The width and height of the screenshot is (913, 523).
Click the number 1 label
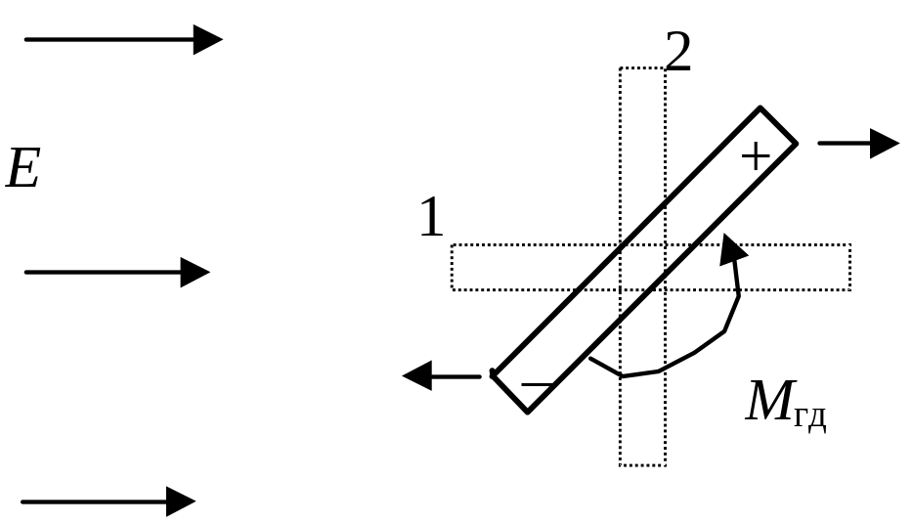pos(431,218)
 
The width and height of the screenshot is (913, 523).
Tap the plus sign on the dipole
pos(756,155)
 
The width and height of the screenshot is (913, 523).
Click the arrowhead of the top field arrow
pos(207,39)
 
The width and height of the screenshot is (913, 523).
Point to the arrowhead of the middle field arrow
pos(196,272)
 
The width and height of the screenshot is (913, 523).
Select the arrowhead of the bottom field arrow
pos(181,501)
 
